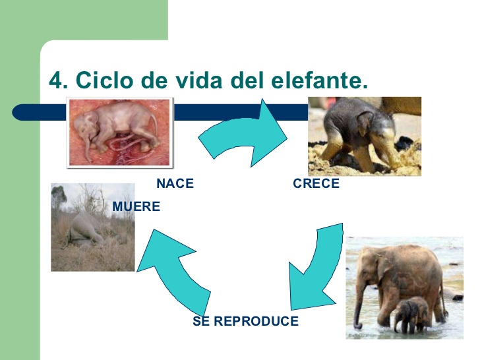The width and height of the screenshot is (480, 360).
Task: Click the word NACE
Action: point(175,183)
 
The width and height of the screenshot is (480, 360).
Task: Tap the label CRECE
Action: point(316,183)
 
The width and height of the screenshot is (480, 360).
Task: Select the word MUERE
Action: point(136,206)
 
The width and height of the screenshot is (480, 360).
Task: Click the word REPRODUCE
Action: point(256,321)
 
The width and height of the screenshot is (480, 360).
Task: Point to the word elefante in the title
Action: point(319,80)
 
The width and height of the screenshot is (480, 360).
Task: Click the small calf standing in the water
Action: point(411,315)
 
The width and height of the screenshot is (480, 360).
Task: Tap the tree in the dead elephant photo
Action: point(58,197)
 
